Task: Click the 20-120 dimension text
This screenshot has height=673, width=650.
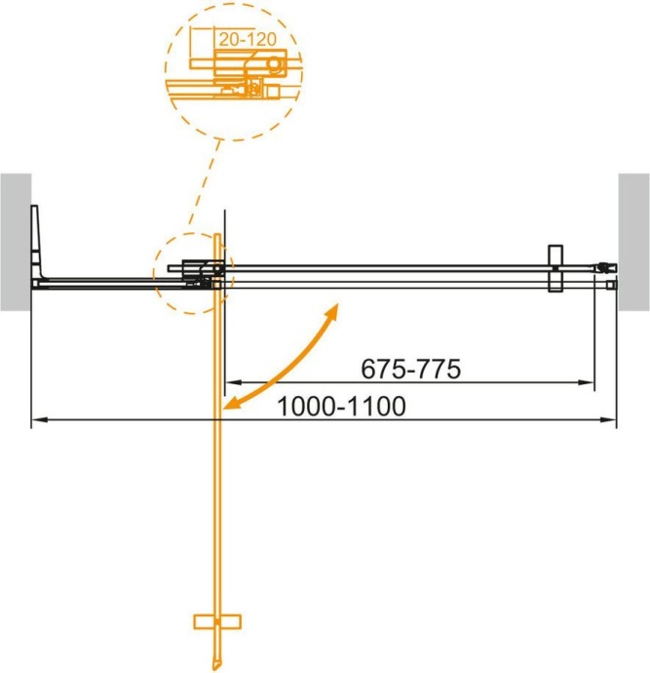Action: pos(245,39)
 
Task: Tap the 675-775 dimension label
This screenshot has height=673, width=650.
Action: pos(409,370)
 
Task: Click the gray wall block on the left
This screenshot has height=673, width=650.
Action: pos(16,241)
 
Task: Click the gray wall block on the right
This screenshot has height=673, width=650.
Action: pos(633,241)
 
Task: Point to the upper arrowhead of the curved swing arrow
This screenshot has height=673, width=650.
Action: pos(333,310)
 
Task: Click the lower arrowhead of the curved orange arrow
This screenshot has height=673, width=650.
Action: pos(230,403)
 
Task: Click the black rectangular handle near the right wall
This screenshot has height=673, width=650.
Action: pos(554,267)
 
